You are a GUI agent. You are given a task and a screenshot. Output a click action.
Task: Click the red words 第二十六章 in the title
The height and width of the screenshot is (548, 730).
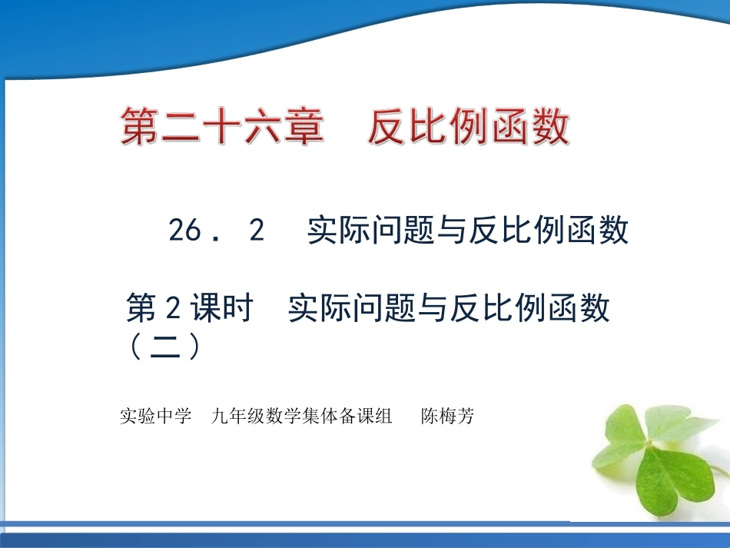[221, 128]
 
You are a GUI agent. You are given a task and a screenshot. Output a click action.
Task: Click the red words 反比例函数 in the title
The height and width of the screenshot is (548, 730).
[469, 128]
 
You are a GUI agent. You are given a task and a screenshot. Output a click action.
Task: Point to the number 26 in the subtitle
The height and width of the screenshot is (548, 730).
[185, 231]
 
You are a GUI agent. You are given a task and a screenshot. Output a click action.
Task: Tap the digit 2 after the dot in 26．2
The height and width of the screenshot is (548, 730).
[257, 231]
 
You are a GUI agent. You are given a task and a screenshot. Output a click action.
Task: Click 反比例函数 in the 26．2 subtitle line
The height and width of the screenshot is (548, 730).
[549, 231]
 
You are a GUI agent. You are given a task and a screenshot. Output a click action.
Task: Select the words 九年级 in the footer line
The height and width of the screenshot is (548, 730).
[235, 417]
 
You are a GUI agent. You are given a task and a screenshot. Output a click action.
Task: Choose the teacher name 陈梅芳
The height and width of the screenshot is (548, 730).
[448, 417]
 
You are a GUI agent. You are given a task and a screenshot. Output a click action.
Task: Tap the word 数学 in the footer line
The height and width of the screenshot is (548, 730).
[286, 417]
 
